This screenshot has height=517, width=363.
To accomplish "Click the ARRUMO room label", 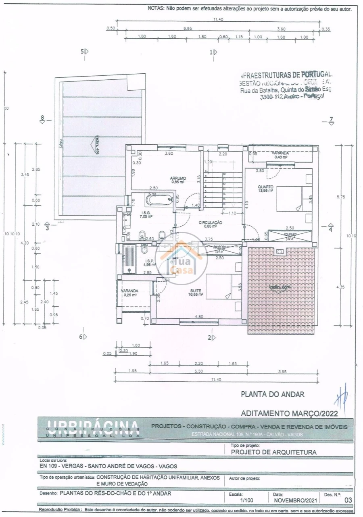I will [177, 178].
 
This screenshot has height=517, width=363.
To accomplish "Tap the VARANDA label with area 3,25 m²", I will [129, 291].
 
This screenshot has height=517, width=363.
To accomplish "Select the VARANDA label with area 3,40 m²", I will [280, 154].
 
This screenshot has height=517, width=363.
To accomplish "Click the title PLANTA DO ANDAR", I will [272, 394].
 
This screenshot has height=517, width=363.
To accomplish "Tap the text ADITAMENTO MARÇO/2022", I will [289, 413].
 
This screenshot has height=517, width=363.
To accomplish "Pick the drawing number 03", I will [348, 500].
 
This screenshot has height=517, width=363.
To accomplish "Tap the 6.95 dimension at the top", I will [187, 29].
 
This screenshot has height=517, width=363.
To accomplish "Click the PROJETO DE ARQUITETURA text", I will [273, 452].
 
